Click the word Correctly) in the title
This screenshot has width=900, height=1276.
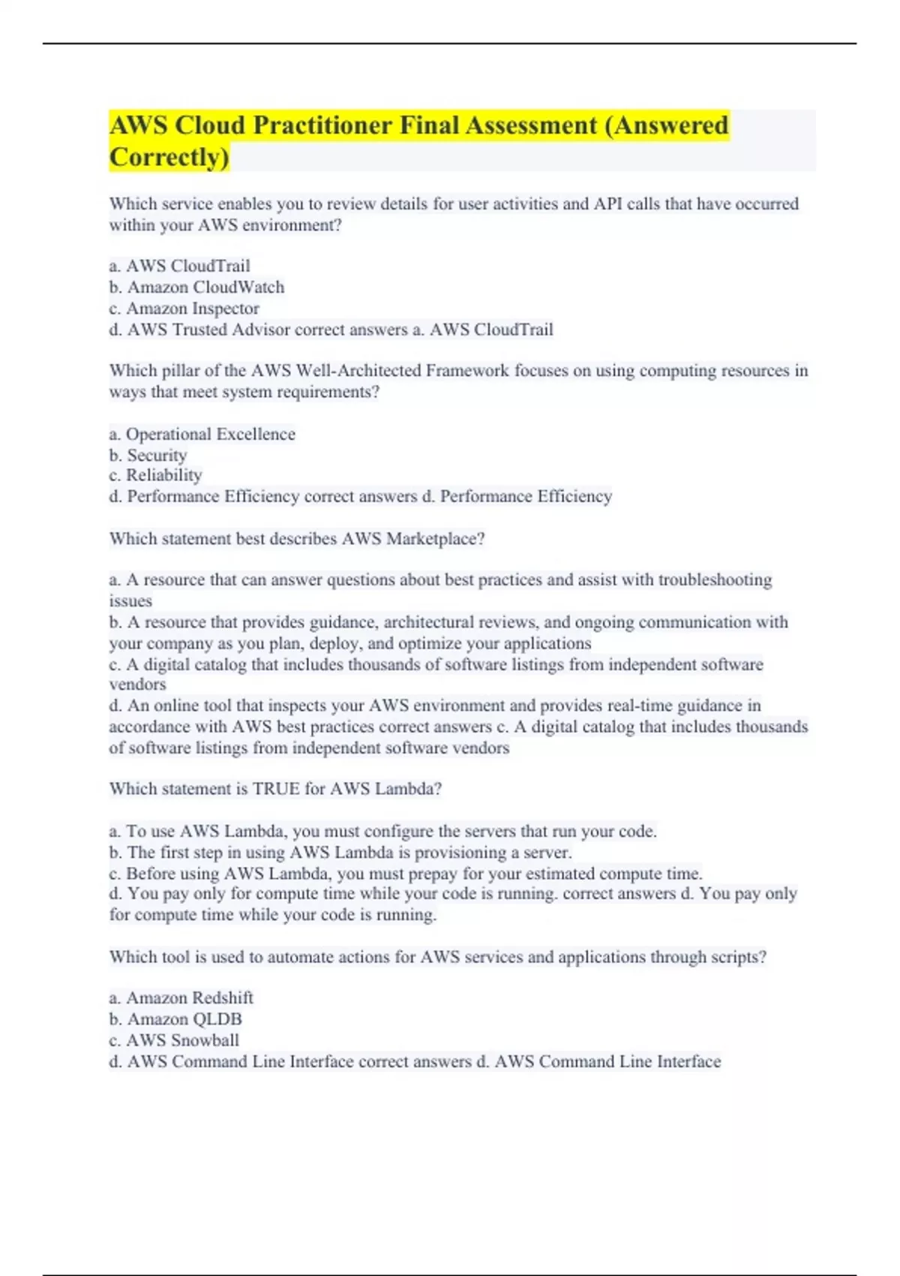[169, 157]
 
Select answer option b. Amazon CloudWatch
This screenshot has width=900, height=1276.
[196, 287]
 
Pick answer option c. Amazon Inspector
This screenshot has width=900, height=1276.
[184, 308]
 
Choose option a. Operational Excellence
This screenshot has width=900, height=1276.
[202, 434]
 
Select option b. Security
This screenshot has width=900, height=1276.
[148, 455]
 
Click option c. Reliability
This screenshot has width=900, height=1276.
[155, 475]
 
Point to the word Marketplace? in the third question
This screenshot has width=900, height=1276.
[435, 538]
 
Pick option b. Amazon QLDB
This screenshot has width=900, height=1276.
[175, 1019]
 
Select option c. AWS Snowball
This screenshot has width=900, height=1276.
[174, 1040]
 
